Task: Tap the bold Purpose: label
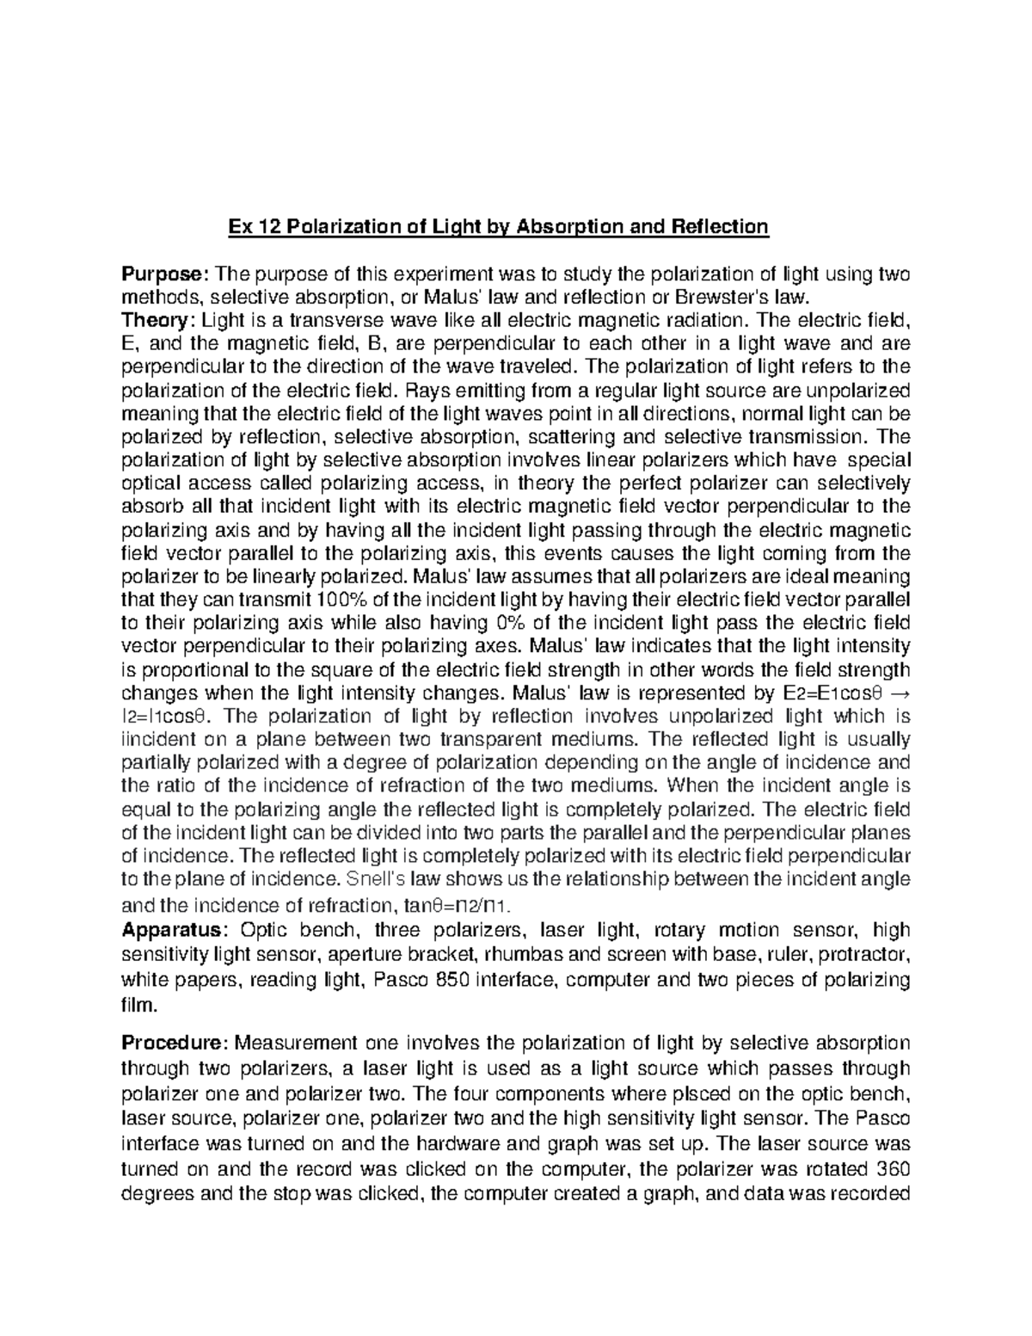tap(164, 274)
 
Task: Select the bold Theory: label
tap(158, 321)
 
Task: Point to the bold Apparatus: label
tap(175, 930)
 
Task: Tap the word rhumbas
tap(523, 955)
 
